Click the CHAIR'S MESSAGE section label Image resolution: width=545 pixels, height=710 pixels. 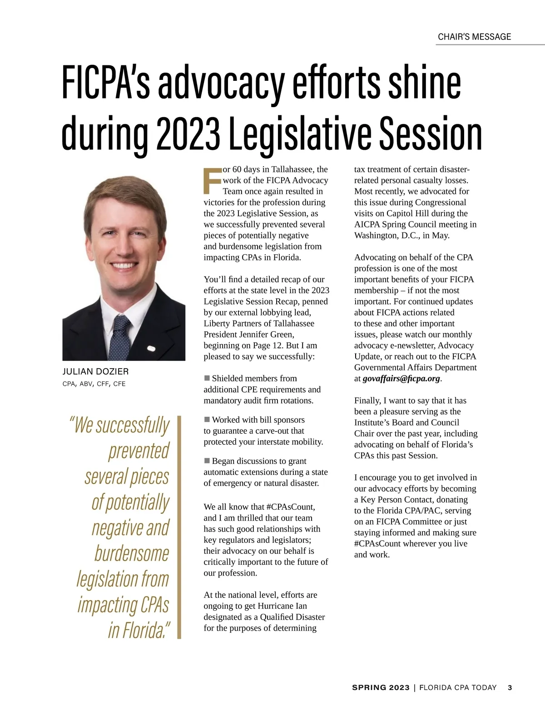click(474, 37)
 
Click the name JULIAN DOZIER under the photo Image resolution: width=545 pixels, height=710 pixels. click(95, 372)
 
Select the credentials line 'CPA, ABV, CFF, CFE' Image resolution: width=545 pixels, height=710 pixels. click(94, 384)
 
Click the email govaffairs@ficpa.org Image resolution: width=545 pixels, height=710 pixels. click(401, 379)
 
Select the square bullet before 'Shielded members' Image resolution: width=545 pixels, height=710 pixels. click(207, 378)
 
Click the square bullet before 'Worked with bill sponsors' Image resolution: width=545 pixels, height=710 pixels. click(207, 419)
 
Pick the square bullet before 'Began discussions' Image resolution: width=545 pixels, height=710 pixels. click(207, 461)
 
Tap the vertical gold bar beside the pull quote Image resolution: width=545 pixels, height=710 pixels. click(179, 527)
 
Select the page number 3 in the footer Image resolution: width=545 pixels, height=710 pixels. click(510, 688)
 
